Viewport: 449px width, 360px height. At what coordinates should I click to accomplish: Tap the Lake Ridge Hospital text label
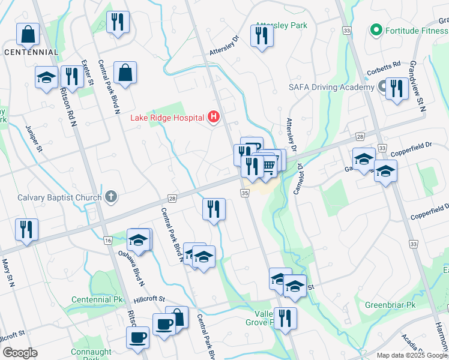coord(167,118)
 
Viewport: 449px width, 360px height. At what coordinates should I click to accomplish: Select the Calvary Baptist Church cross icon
coord(110,196)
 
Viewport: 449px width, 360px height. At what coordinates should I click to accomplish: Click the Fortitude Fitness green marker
coord(376,29)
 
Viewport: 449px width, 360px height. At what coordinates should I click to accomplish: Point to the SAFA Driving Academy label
coord(331,87)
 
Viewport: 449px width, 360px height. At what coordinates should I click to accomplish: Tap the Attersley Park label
coord(281,26)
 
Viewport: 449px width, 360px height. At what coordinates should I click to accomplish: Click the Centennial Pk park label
coord(97,299)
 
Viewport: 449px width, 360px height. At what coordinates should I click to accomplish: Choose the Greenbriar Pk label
coord(390,305)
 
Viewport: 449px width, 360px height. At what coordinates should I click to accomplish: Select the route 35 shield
coord(244,193)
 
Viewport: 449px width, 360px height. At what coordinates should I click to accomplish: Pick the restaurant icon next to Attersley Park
coord(262,36)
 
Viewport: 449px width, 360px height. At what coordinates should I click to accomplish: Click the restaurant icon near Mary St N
coord(26,230)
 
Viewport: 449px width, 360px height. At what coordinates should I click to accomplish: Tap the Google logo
coord(20,353)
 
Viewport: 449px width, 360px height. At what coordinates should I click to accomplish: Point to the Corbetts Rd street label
coord(384,66)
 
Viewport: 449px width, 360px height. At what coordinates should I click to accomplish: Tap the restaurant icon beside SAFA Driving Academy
coord(396,89)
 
